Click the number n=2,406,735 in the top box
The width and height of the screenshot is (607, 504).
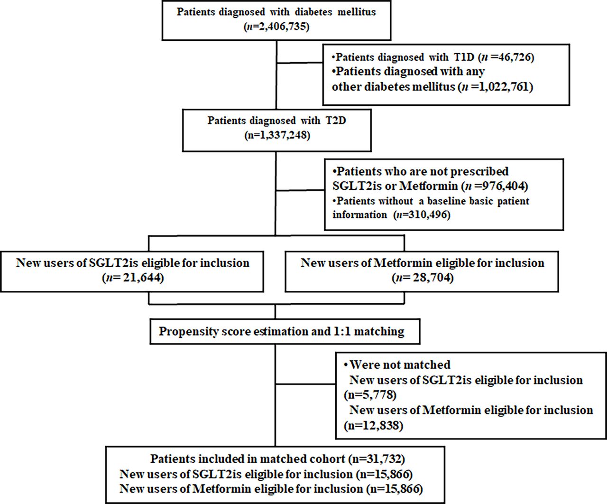coord(276,27)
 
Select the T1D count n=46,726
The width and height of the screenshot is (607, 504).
coord(506,57)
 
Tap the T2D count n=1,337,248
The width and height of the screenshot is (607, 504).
coord(277,135)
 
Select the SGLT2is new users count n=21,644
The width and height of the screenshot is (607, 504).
coord(133,278)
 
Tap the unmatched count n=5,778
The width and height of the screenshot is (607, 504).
coord(370,395)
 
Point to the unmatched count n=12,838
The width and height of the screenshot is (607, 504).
coord(373,426)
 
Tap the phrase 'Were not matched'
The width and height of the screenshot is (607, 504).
coord(400,365)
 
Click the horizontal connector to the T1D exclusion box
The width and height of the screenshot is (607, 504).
coord(299,63)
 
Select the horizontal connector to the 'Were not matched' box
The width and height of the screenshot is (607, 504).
coord(305,384)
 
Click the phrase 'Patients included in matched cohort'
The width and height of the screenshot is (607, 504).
coord(247,459)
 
